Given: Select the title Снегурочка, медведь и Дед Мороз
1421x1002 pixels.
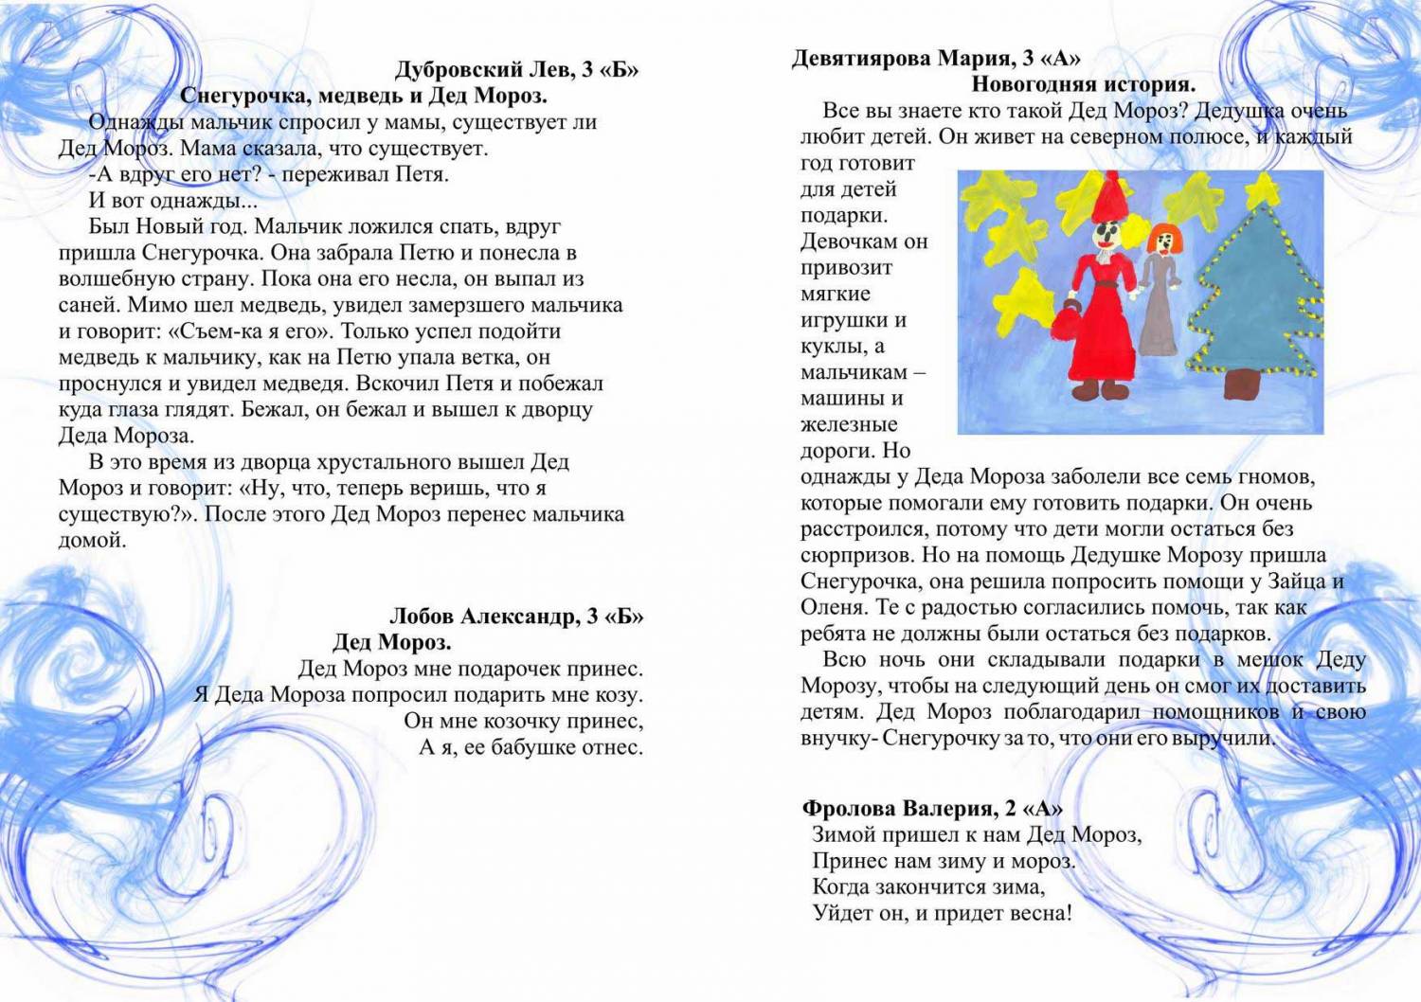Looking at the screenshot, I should click(364, 96).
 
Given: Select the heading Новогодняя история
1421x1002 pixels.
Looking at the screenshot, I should click(1084, 84).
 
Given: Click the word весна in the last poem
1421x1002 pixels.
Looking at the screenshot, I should click(1040, 914).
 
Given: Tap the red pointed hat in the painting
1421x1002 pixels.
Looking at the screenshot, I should click(1106, 197).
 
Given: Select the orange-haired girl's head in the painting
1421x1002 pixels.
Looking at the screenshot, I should click(1160, 240).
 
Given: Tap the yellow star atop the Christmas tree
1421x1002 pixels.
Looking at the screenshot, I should click(1263, 191).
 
